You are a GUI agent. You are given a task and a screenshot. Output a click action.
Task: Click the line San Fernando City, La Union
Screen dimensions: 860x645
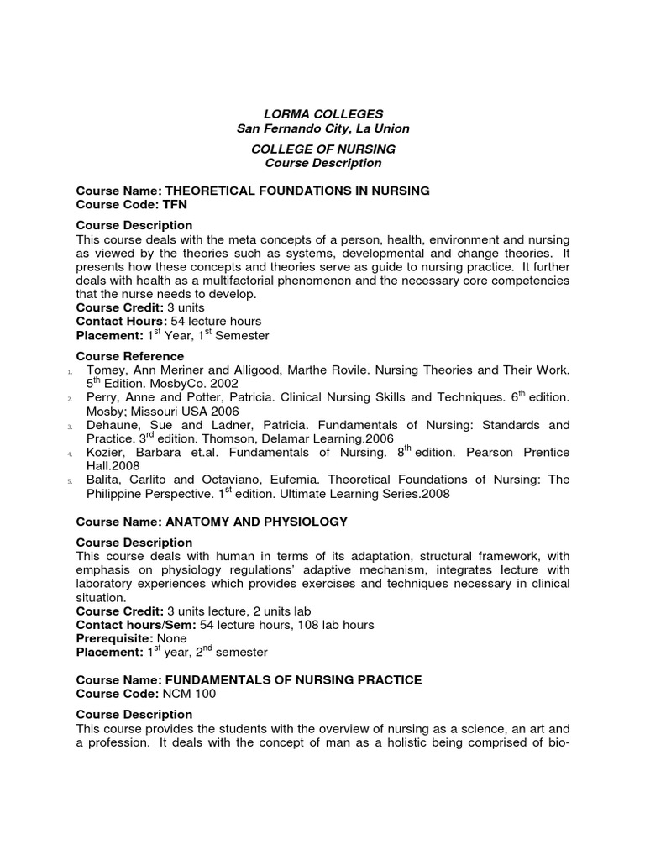pos(323,128)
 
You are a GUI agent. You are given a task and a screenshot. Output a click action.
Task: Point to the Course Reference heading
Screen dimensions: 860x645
pos(129,356)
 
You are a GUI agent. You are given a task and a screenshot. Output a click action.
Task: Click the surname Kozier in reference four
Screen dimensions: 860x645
pos(105,453)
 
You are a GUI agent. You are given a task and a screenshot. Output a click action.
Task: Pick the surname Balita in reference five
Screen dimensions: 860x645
pos(103,480)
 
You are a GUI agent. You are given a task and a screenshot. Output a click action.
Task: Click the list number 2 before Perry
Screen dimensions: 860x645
pos(70,399)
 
